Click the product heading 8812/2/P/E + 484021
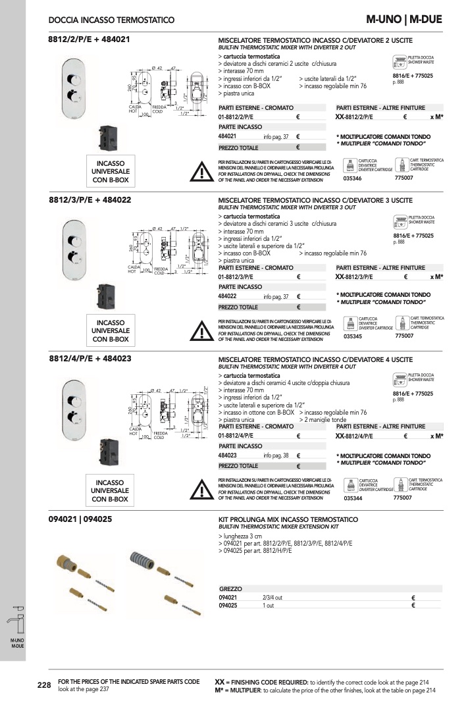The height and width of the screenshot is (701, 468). click(90, 39)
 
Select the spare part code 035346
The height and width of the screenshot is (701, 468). click(353, 178)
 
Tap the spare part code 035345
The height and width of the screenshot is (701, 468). click(353, 336)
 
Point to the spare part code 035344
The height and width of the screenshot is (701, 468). click(353, 498)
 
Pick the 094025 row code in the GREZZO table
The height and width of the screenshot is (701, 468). click(228, 605)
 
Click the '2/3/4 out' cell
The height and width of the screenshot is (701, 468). click(273, 597)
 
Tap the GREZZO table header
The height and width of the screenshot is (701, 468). click(230, 588)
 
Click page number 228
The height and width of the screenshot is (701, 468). click(44, 685)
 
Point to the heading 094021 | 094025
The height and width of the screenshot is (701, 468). click(80, 519)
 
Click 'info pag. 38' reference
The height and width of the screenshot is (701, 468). click(276, 455)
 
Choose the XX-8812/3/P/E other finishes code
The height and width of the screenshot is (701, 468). click(354, 277)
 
